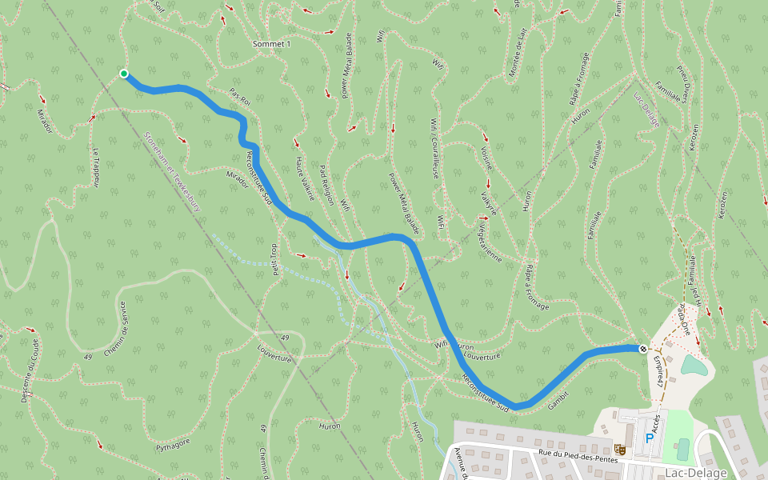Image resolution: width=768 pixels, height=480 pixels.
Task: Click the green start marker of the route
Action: pyautogui.click(x=124, y=74)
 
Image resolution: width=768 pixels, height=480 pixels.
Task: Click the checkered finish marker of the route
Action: pyautogui.click(x=642, y=349)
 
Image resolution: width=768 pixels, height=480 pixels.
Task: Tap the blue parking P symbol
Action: pyautogui.click(x=650, y=438)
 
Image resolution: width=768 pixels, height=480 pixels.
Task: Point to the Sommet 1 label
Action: pyautogui.click(x=271, y=44)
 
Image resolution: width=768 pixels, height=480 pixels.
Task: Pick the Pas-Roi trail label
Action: pyautogui.click(x=239, y=97)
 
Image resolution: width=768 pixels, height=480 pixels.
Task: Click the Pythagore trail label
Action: pyautogui.click(x=172, y=443)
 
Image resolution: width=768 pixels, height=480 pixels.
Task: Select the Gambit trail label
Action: pyautogui.click(x=558, y=397)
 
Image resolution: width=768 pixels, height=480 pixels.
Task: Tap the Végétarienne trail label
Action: pyautogui.click(x=489, y=240)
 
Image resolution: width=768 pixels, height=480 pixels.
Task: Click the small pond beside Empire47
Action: pyautogui.click(x=693, y=366)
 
